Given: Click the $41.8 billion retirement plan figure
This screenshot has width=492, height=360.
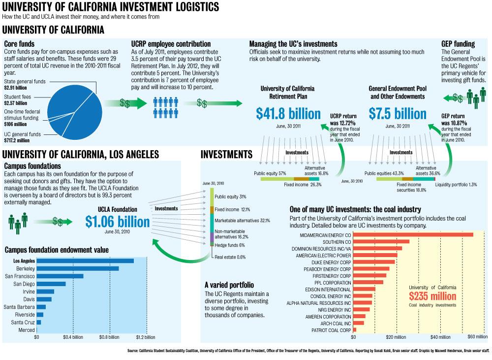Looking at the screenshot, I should pos(288,114).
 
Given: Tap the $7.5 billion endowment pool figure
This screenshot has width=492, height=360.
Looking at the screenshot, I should pos(398,114).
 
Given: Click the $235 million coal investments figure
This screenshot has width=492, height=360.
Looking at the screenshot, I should pos(432,296).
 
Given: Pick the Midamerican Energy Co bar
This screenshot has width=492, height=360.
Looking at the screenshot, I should pos(413,234).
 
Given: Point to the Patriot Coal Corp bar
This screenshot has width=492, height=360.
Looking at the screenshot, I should pos(354,329).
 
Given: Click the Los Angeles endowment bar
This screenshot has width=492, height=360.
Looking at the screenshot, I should pos(85,261).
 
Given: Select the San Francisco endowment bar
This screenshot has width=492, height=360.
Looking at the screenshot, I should pos(60,276).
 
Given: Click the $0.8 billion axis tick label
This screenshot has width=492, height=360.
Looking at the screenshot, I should pos(108,338).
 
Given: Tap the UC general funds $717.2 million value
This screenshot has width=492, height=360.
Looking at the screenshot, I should pos(17,140).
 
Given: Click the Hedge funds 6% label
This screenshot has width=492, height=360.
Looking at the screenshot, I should pos(229,245).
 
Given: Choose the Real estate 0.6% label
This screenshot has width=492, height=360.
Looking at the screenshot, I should pos(230,257).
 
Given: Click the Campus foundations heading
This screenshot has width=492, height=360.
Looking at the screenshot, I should pos(32,166).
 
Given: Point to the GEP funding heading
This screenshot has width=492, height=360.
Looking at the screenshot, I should pos(458,44).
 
